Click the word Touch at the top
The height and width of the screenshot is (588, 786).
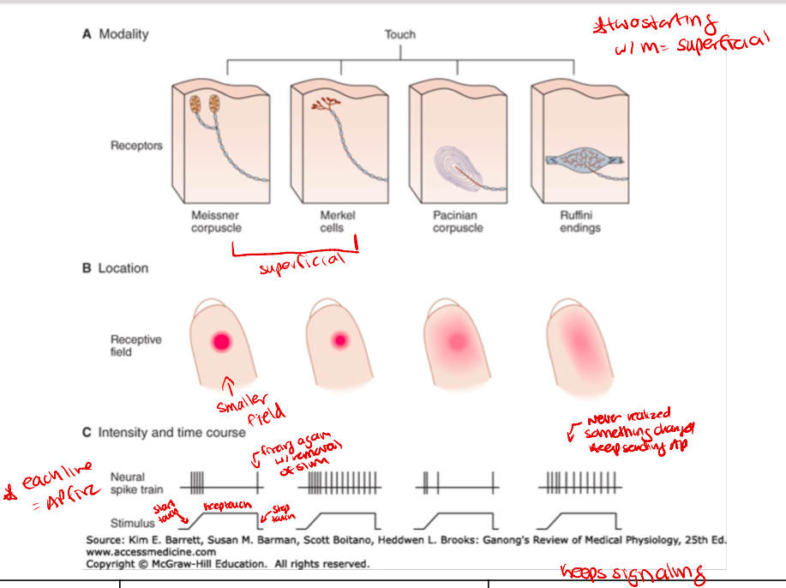pyautogui.click(x=399, y=34)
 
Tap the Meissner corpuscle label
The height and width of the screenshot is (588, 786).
pyautogui.click(x=215, y=222)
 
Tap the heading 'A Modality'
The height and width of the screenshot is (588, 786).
pyautogui.click(x=115, y=34)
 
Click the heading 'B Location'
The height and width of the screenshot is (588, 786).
pyautogui.click(x=115, y=268)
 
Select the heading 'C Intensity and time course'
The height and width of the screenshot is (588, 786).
pyautogui.click(x=164, y=432)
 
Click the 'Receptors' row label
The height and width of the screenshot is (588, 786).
pyautogui.click(x=136, y=146)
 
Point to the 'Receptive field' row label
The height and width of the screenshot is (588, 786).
pyautogui.click(x=135, y=345)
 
